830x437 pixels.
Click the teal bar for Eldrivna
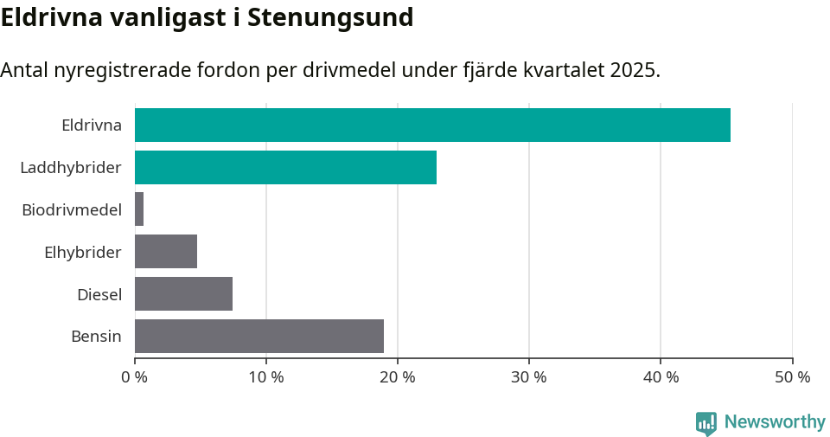click(x=432, y=125)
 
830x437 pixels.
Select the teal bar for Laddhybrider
click(x=285, y=167)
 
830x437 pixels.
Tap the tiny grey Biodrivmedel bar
click(x=139, y=209)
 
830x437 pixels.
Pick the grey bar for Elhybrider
click(x=166, y=252)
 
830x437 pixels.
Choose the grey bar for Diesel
click(x=183, y=294)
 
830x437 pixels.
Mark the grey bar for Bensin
click(x=259, y=337)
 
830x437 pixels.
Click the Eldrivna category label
click(x=92, y=125)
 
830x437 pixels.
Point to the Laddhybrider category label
click(x=71, y=167)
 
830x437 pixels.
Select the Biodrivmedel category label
click(x=72, y=209)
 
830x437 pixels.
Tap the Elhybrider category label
click(x=83, y=252)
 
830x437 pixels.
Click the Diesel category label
click(x=99, y=294)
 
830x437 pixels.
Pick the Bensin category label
click(x=96, y=337)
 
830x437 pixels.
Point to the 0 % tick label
click(x=135, y=377)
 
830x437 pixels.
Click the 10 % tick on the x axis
click(x=266, y=377)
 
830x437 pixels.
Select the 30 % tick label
click(x=529, y=377)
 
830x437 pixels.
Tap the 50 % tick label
click(x=792, y=377)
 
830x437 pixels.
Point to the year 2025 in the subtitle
click(x=632, y=70)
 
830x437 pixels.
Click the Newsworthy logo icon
click(x=706, y=422)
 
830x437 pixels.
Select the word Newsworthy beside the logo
click(x=775, y=422)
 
